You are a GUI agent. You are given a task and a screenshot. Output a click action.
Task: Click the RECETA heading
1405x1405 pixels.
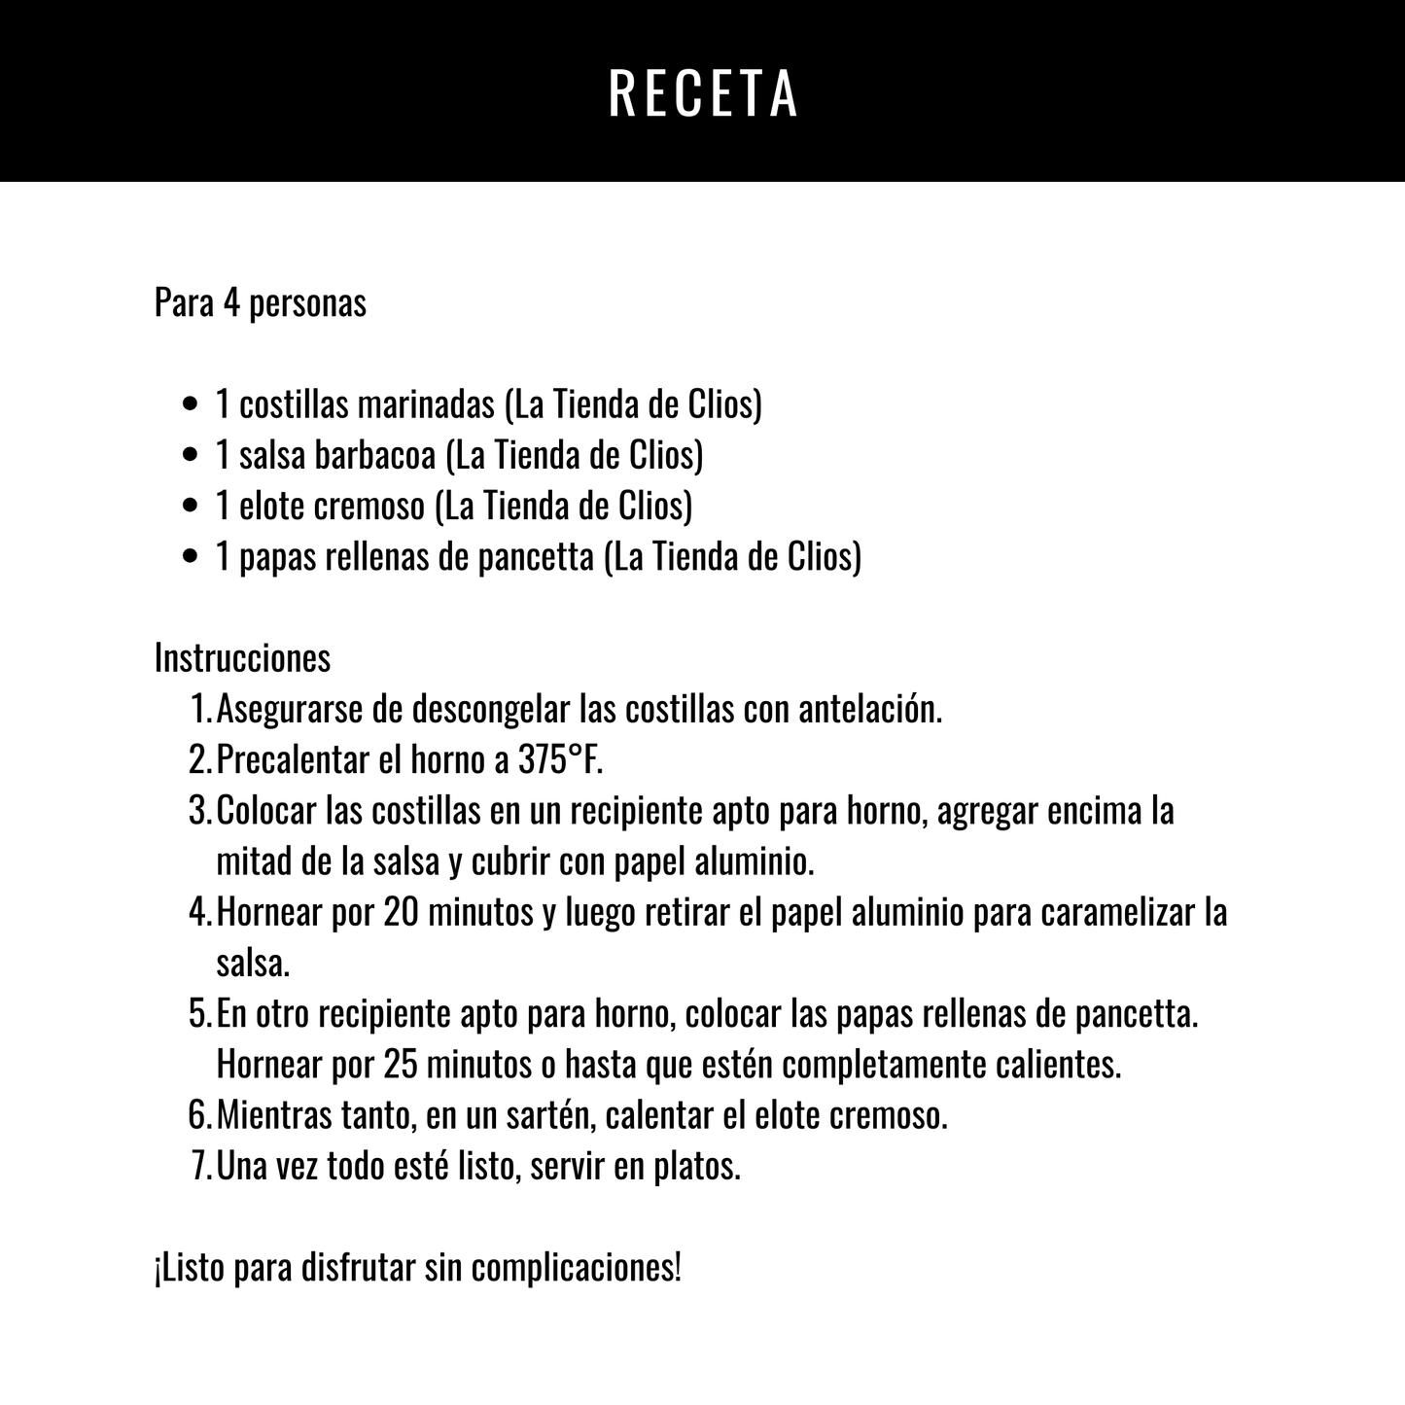click(702, 93)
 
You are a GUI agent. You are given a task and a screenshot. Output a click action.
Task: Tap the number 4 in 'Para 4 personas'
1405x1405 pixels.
click(230, 303)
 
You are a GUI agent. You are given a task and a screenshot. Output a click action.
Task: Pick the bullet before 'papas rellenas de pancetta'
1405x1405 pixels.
click(192, 557)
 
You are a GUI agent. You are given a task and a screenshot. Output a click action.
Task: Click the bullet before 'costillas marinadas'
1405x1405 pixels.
click(192, 404)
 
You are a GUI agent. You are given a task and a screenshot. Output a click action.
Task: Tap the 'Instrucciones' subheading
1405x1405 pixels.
click(242, 658)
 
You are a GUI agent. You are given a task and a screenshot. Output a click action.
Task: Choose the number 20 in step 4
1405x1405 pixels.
click(401, 913)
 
